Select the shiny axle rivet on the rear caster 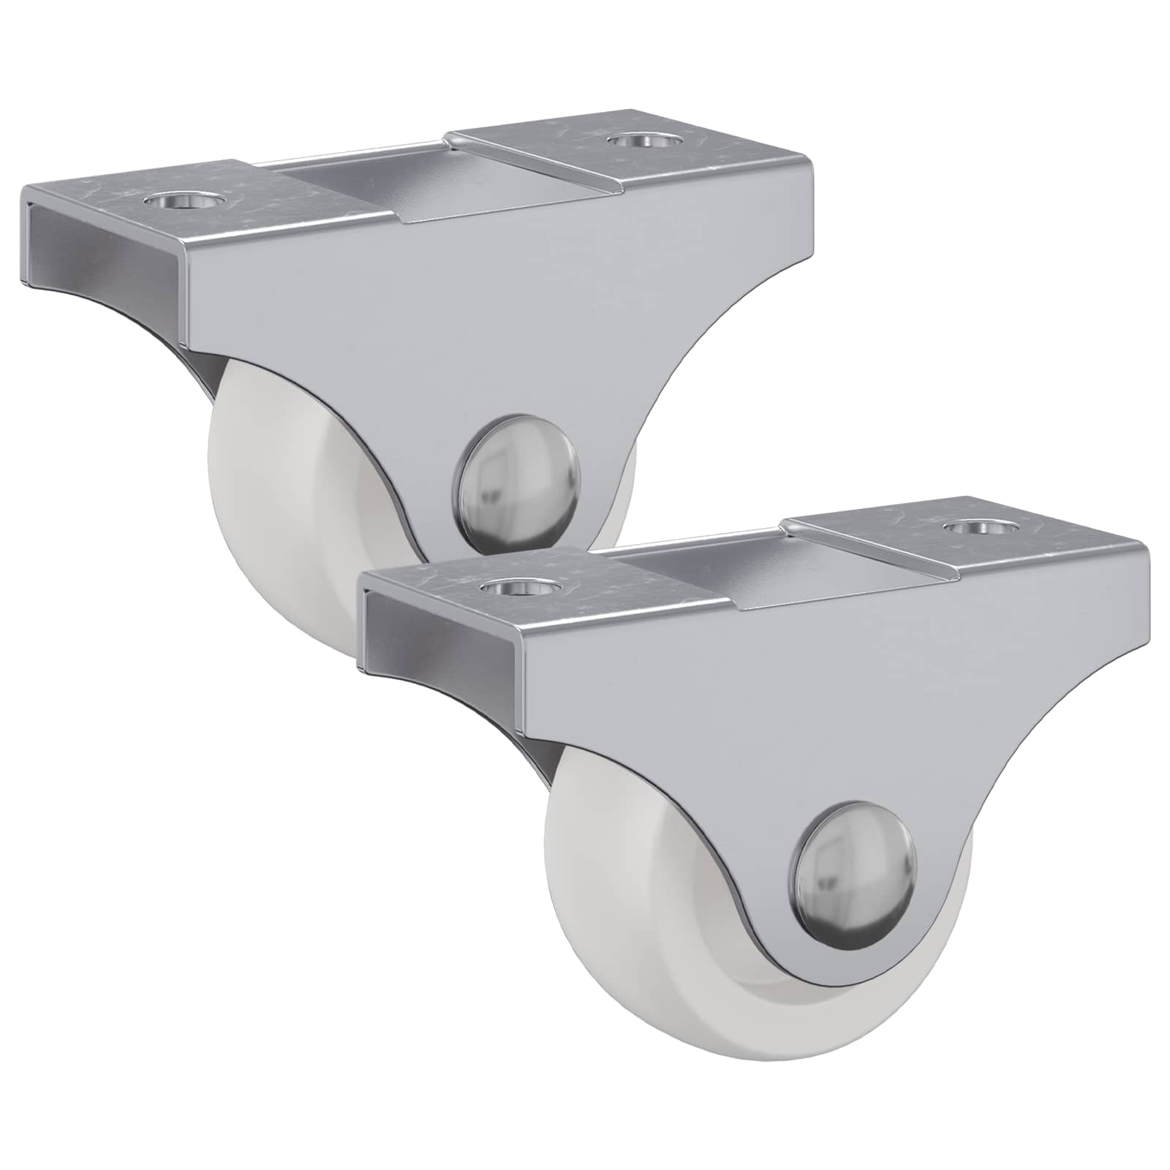point(521,483)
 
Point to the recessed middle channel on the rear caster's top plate point(366,175)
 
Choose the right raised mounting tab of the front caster point(965,541)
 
